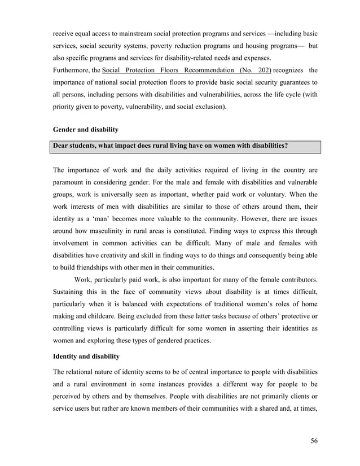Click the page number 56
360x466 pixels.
(x=314, y=441)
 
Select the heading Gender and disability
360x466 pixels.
(x=85, y=130)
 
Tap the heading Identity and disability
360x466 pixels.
(x=86, y=357)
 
